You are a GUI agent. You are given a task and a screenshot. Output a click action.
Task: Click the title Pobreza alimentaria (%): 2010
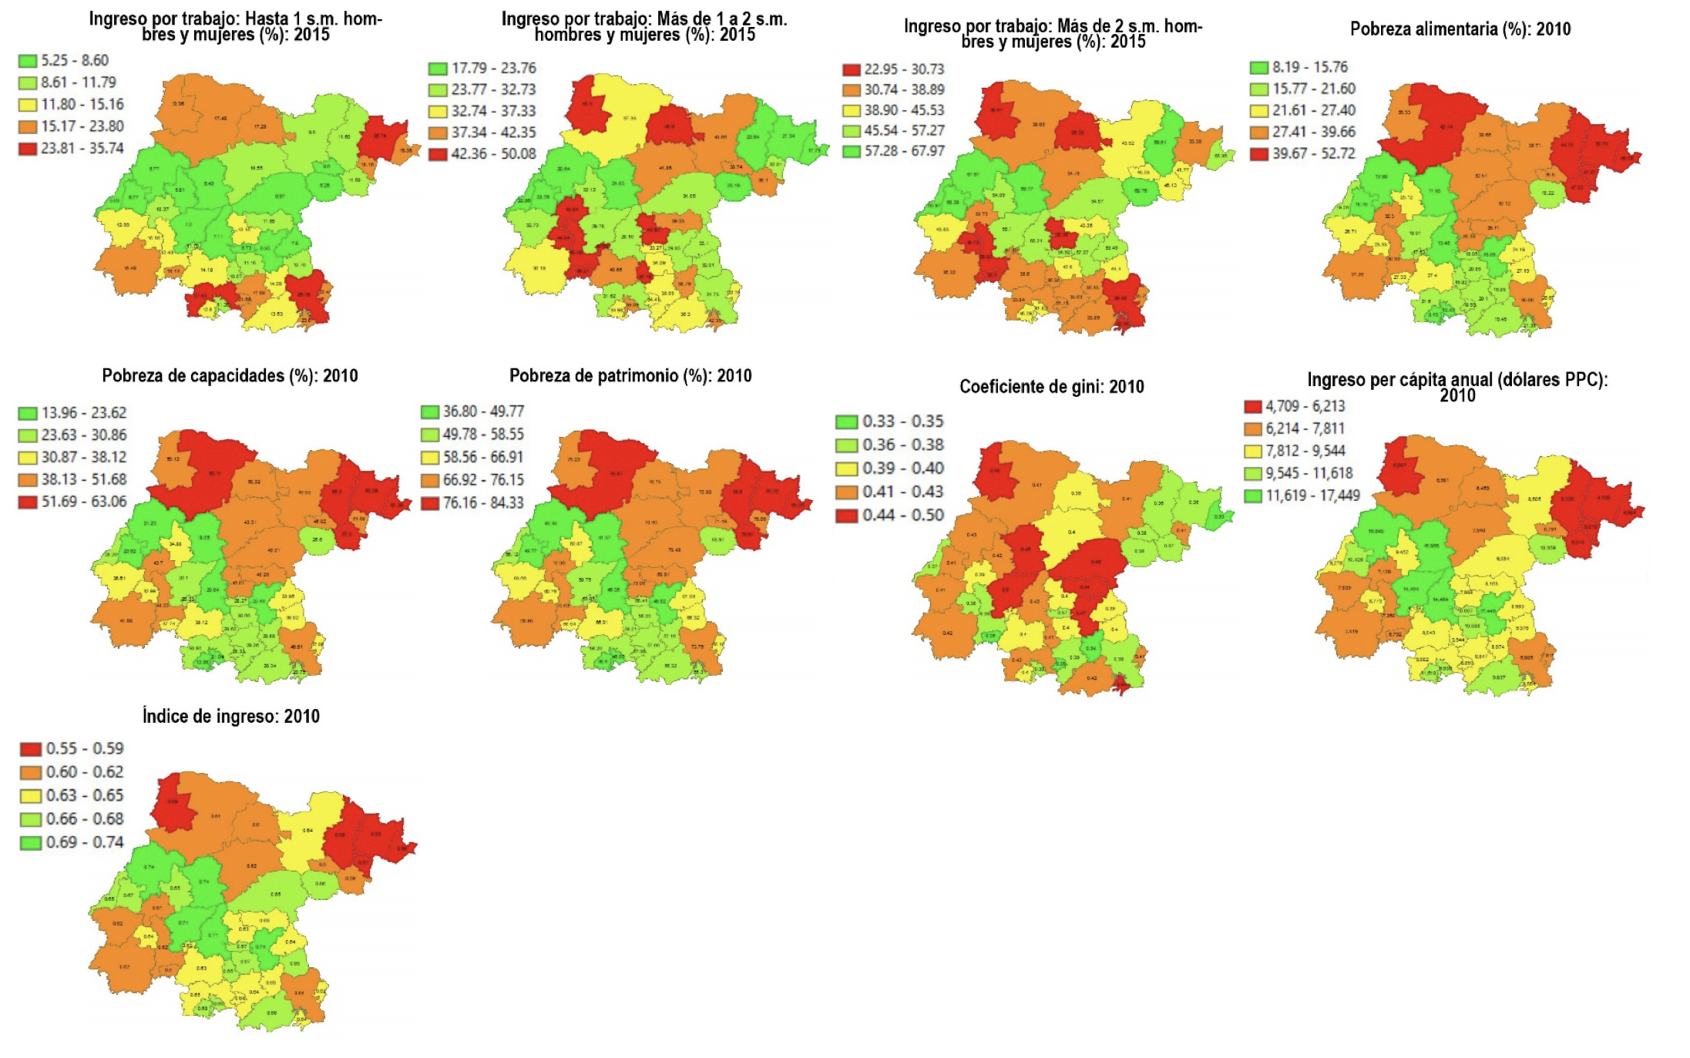pyautogui.click(x=1460, y=29)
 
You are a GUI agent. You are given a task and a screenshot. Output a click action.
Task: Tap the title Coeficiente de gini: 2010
pyautogui.click(x=1051, y=387)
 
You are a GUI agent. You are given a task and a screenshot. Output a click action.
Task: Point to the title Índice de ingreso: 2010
pyautogui.click(x=230, y=717)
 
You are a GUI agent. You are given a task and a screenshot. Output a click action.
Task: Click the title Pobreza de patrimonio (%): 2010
pyautogui.click(x=630, y=376)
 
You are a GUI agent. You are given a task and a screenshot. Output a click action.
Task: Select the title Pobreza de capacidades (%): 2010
pyautogui.click(x=230, y=376)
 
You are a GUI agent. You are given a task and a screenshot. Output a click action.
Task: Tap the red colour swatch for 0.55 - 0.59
pyautogui.click(x=31, y=749)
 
